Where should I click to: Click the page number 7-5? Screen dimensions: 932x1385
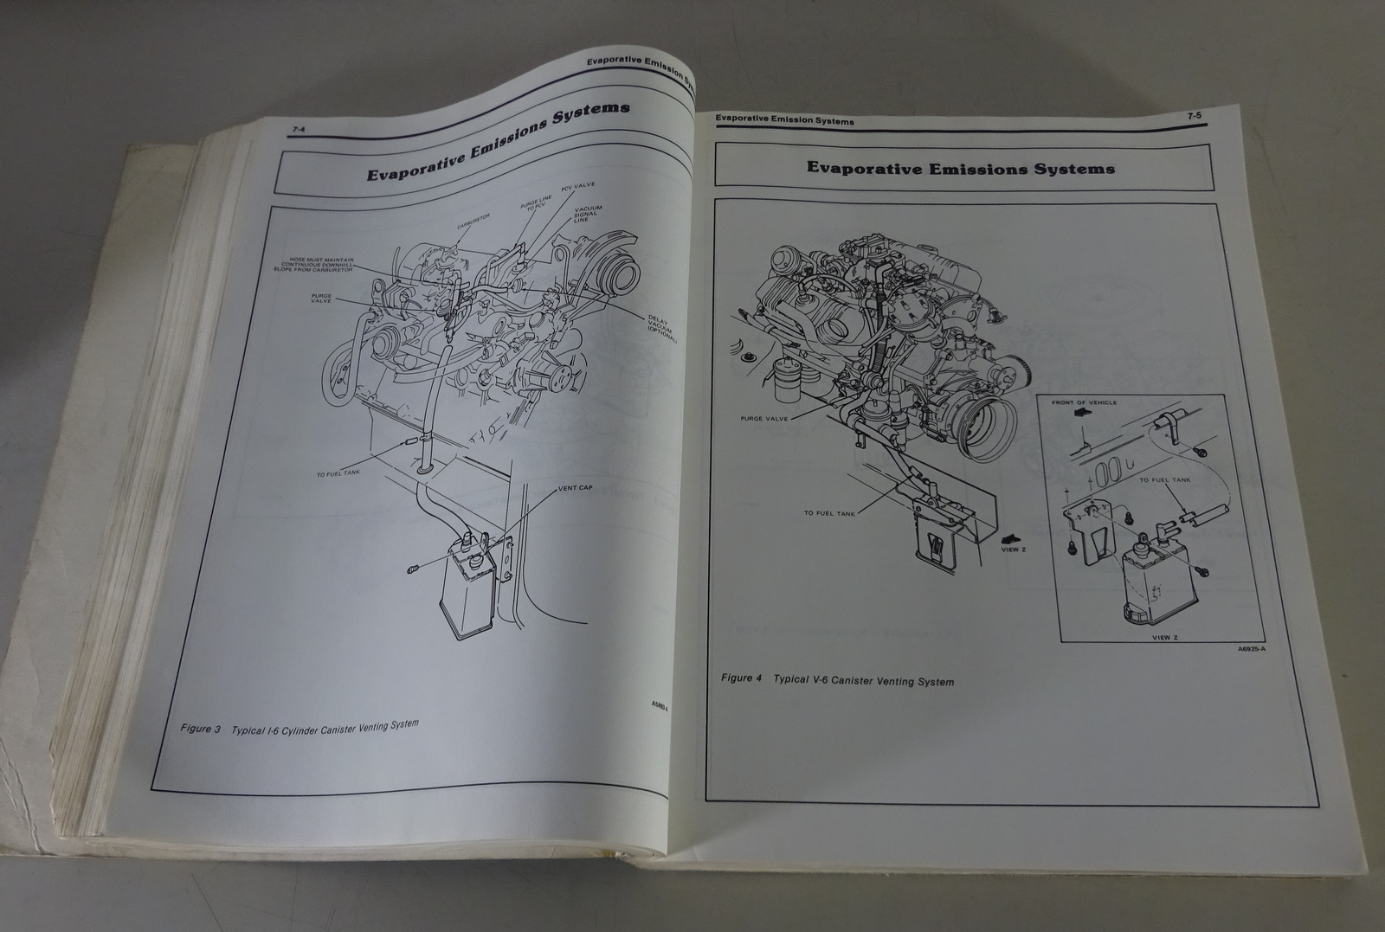point(1194,114)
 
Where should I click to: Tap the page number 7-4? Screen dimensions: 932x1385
point(300,130)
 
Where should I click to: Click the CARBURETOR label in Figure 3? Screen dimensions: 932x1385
point(473,224)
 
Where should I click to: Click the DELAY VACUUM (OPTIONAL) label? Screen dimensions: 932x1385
point(663,328)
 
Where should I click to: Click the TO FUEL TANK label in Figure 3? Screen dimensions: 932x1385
point(338,473)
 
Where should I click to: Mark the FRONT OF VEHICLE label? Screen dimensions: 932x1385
point(1084,402)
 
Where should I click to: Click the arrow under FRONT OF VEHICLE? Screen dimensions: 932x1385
point(1079,415)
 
